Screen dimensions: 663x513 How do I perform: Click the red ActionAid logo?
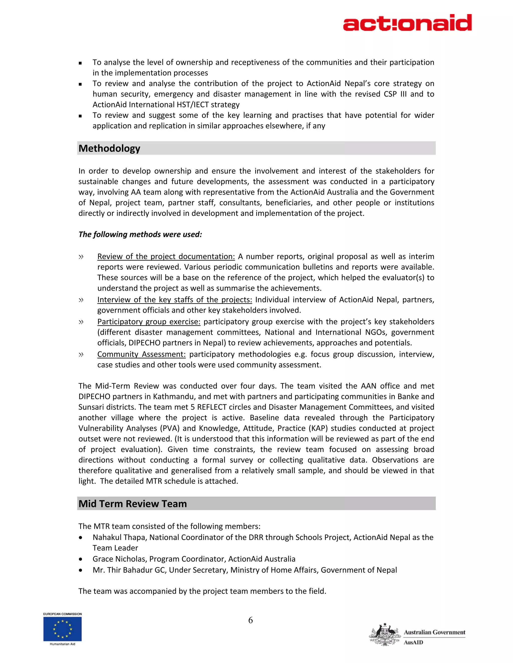click(x=407, y=23)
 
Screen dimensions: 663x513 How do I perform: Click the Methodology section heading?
click(x=109, y=148)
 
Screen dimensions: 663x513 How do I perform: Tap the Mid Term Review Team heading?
click(x=133, y=504)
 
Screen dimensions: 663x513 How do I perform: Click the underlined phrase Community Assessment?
click(x=141, y=354)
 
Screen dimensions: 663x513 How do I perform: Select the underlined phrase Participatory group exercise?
click(x=149, y=322)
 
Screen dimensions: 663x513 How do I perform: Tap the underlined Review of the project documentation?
click(x=166, y=256)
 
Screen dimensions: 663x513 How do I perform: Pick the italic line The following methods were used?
click(x=140, y=234)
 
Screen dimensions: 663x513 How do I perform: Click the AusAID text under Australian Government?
click(x=413, y=642)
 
